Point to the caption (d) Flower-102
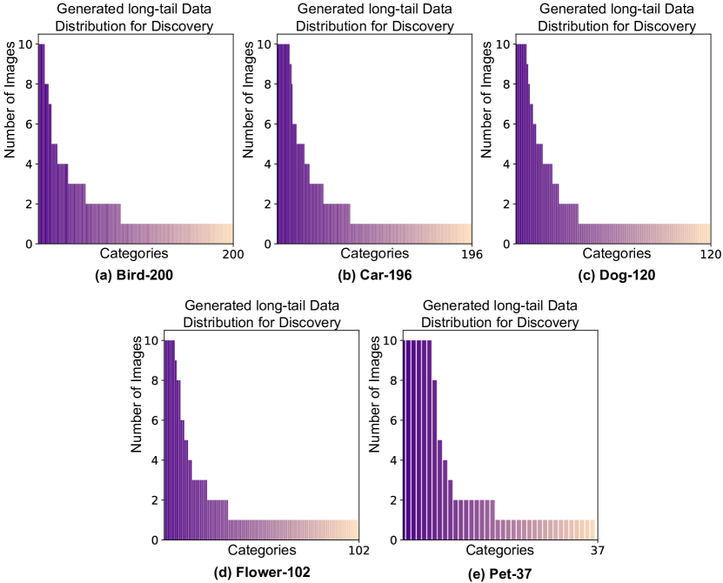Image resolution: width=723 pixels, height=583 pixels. coord(262,572)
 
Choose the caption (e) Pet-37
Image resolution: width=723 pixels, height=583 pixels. coord(500,572)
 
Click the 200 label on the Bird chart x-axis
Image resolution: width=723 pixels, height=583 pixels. coord(233,255)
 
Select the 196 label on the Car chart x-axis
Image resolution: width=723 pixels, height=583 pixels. coord(471,255)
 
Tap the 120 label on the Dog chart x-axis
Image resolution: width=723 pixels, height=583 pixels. coord(711,255)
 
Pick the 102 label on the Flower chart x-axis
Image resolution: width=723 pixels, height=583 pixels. coord(359,551)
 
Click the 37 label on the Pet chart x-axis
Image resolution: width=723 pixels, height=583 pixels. coord(596,551)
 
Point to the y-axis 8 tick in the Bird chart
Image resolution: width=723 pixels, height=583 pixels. coord(28,84)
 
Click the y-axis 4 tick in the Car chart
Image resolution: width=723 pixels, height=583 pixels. coord(266,164)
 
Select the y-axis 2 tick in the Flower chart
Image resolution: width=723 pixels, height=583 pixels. coord(154,500)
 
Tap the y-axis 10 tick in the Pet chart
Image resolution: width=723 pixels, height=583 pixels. coord(391,340)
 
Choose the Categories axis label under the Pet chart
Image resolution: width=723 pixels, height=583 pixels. coord(500,550)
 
